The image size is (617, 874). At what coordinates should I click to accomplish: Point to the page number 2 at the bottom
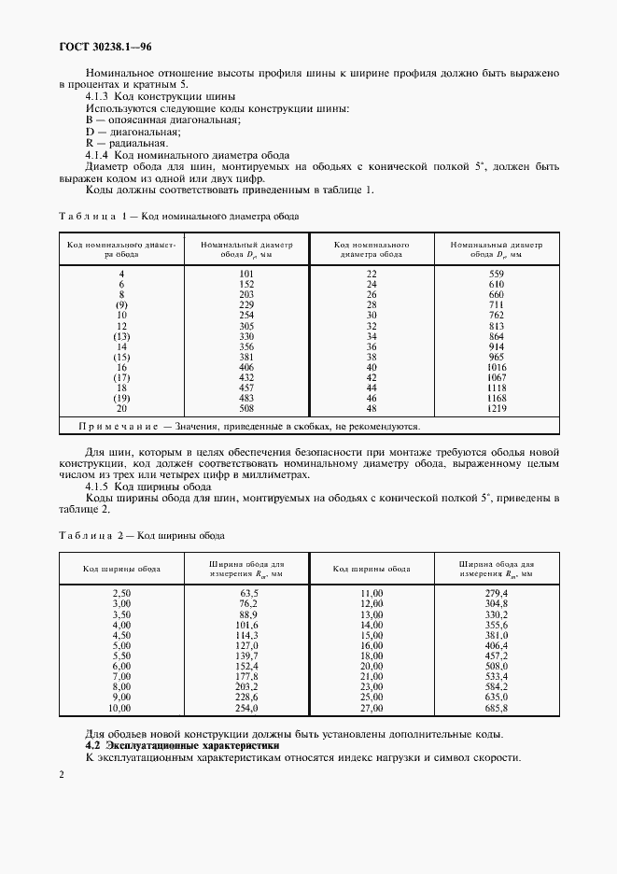coord(61,775)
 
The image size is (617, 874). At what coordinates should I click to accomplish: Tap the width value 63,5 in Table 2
coord(248,594)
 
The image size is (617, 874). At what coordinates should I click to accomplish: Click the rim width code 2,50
coord(121,594)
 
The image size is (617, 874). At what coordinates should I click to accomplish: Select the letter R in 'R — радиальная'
coord(89,144)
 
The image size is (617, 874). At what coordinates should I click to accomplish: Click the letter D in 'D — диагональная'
coord(89,132)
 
